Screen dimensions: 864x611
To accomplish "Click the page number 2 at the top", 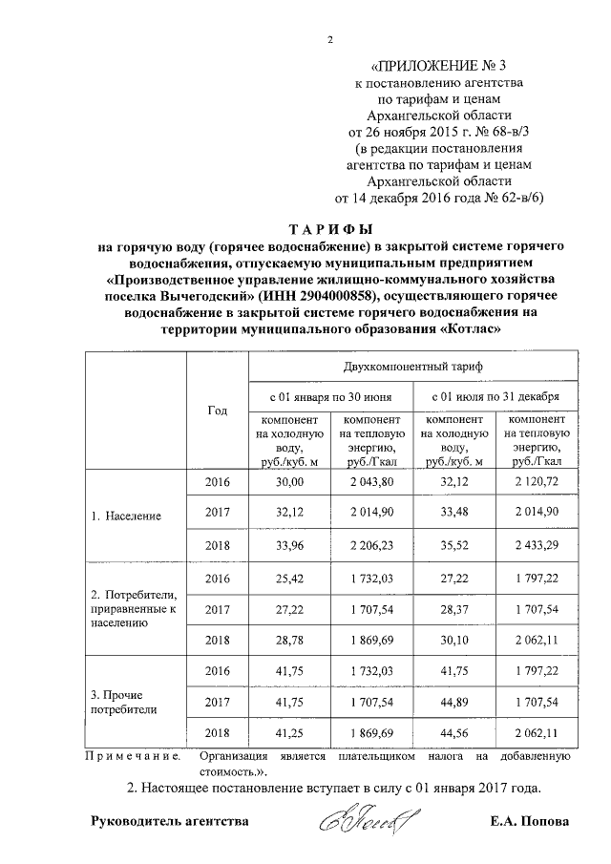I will pyautogui.click(x=329, y=39).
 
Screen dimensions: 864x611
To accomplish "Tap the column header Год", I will pyautogui.click(x=217, y=410).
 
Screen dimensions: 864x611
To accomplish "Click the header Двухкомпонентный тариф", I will pyautogui.click(x=412, y=367).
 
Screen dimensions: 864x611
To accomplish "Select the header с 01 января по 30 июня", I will pyautogui.click(x=330, y=395).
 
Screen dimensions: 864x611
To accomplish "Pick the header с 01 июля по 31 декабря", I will pyautogui.click(x=495, y=395).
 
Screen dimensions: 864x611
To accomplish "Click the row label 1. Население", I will pyautogui.click(x=126, y=516).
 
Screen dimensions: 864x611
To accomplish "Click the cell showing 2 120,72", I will pyautogui.click(x=535, y=482).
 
